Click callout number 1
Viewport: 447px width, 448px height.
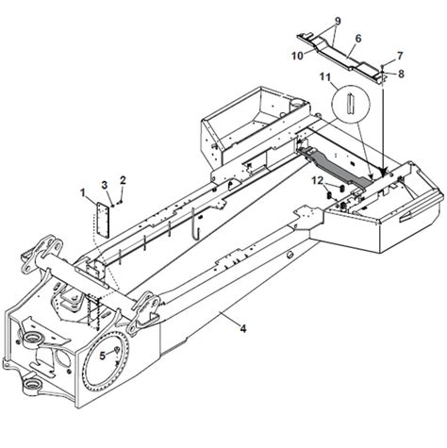click(83, 192)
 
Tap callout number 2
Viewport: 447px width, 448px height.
click(123, 180)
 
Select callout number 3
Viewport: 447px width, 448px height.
click(105, 185)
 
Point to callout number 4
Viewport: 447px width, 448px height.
click(243, 329)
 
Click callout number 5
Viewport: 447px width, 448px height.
click(103, 356)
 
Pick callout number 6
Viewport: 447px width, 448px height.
click(358, 39)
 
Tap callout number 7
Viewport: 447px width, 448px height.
click(400, 56)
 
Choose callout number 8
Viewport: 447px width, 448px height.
click(401, 74)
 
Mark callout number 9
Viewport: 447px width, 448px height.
click(338, 21)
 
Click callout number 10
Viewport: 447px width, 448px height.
click(297, 56)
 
